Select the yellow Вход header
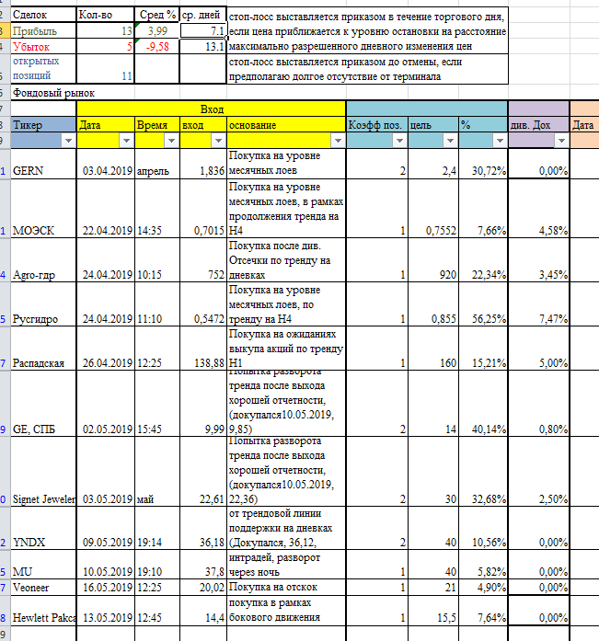click(x=212, y=109)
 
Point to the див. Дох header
click(x=532, y=124)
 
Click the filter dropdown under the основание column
click(x=335, y=140)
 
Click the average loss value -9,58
click(x=156, y=46)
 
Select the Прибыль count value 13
click(x=126, y=31)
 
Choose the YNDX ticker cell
click(x=29, y=544)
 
